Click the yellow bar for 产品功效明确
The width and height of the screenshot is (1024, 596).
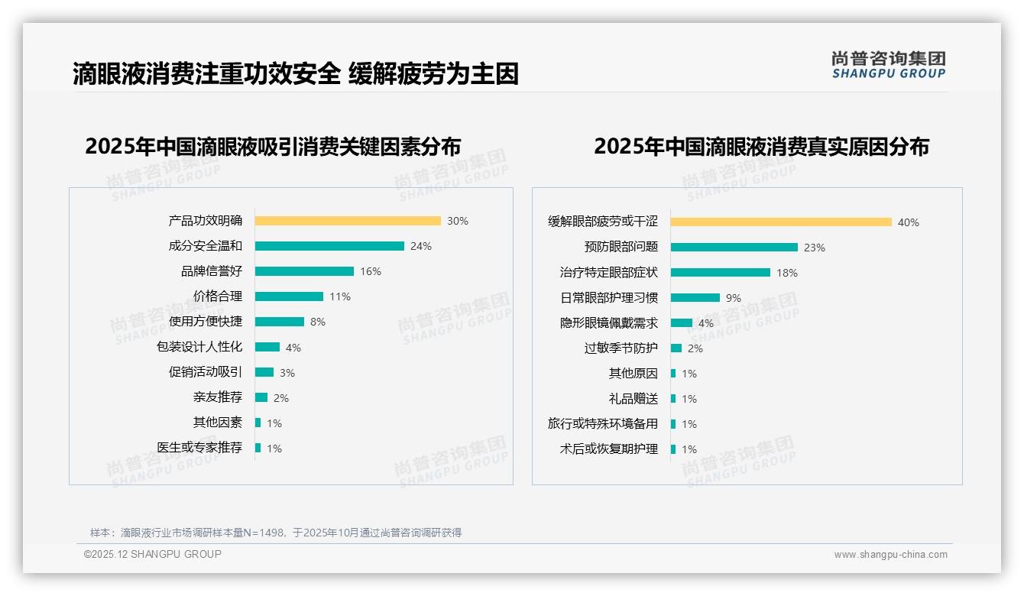[348, 221]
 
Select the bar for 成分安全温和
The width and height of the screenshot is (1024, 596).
[329, 246]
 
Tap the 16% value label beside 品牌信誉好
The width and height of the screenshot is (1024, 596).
[371, 271]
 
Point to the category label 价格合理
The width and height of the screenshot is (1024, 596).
[218, 296]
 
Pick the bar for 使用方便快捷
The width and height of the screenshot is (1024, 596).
[280, 322]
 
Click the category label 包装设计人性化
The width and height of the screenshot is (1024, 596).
[199, 347]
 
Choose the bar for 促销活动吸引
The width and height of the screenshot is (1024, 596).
[264, 372]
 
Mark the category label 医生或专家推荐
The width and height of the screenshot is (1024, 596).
[199, 448]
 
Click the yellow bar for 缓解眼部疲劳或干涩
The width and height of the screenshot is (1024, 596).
[781, 222]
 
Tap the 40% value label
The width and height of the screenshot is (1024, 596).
[909, 222]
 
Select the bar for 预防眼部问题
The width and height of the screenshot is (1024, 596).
[734, 247]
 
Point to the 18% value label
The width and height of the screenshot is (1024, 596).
[787, 273]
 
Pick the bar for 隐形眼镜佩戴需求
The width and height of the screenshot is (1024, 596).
[682, 323]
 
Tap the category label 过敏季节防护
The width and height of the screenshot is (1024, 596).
[621, 348]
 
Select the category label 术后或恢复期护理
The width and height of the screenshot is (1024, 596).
[609, 449]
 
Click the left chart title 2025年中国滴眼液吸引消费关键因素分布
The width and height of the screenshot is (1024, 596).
[273, 146]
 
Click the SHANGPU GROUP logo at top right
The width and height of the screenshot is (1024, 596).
[889, 64]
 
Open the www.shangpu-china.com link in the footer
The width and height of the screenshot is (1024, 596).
[890, 555]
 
